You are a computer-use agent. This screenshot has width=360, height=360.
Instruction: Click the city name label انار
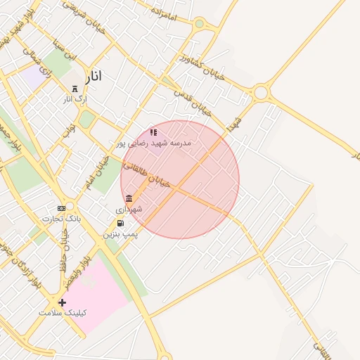coord(92,75)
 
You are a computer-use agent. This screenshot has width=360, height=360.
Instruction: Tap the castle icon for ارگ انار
coord(75,89)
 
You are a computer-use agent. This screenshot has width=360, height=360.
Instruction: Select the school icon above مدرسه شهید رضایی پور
coord(153,131)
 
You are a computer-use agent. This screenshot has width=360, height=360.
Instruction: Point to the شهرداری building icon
coord(129,198)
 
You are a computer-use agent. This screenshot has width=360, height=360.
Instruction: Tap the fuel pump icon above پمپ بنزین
coord(120,223)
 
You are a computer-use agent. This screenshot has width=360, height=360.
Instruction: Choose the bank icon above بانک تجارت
coord(61,208)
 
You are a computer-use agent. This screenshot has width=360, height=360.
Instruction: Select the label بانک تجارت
coord(61,219)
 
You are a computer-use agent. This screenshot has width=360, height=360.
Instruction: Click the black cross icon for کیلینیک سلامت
coord(63,302)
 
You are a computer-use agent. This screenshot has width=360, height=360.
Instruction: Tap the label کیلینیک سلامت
coord(64,313)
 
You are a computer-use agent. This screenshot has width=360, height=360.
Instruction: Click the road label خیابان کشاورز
coord(202,67)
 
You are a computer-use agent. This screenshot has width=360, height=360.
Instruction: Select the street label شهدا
coord(234,127)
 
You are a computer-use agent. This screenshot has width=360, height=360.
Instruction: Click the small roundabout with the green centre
coord(199,24)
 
